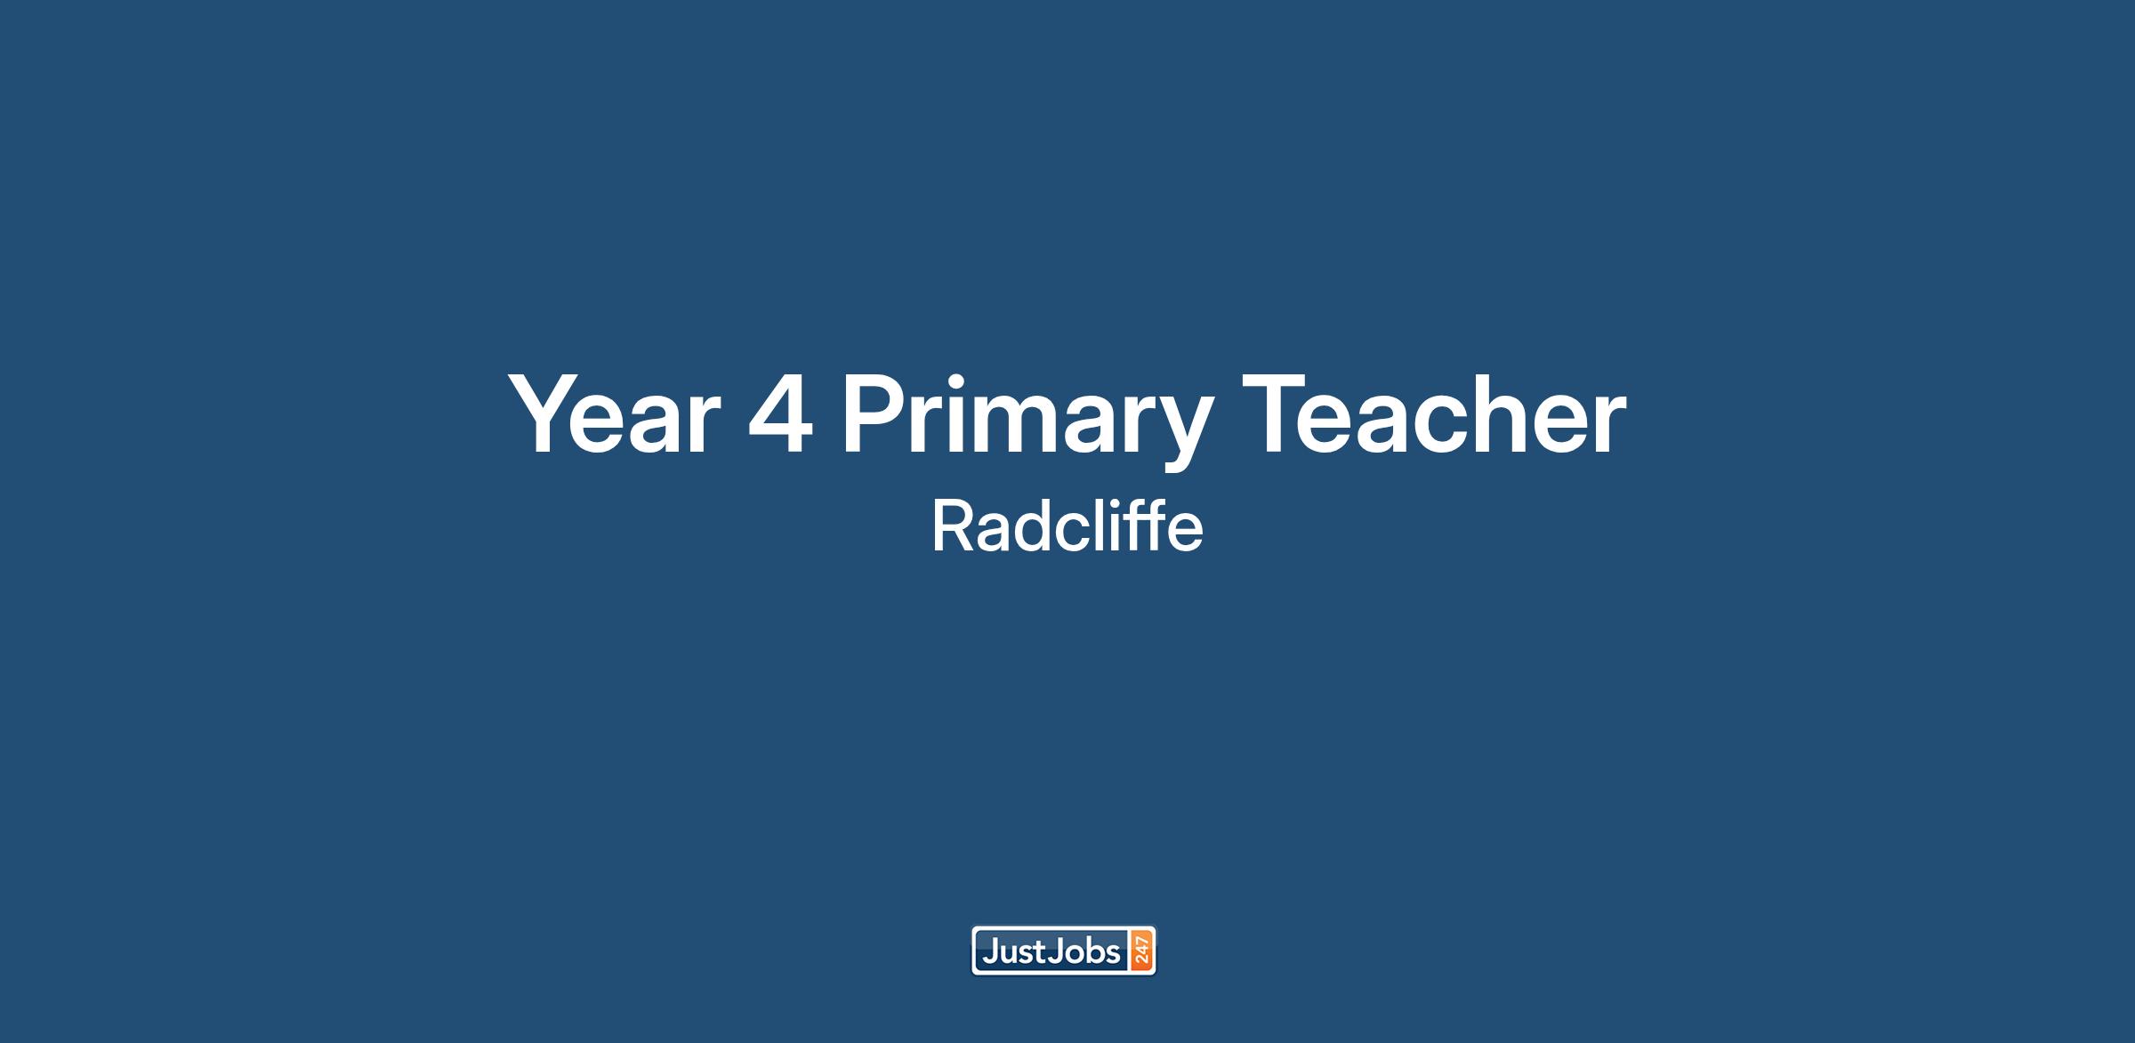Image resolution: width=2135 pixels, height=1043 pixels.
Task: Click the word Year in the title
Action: pyautogui.click(x=614, y=414)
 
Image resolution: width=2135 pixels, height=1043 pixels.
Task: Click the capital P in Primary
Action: pyautogui.click(x=875, y=413)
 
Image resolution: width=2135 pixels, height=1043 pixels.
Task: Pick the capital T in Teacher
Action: pyautogui.click(x=1276, y=413)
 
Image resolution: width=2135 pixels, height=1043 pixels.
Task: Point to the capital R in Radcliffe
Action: pyautogui.click(x=953, y=526)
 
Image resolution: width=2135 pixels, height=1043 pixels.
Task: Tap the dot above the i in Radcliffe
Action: pyautogui.click(x=1124, y=503)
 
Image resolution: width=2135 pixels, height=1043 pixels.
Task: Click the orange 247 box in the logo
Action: pyautogui.click(x=1141, y=951)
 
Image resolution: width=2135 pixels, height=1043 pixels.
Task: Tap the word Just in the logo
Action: pyautogui.click(x=1014, y=952)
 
